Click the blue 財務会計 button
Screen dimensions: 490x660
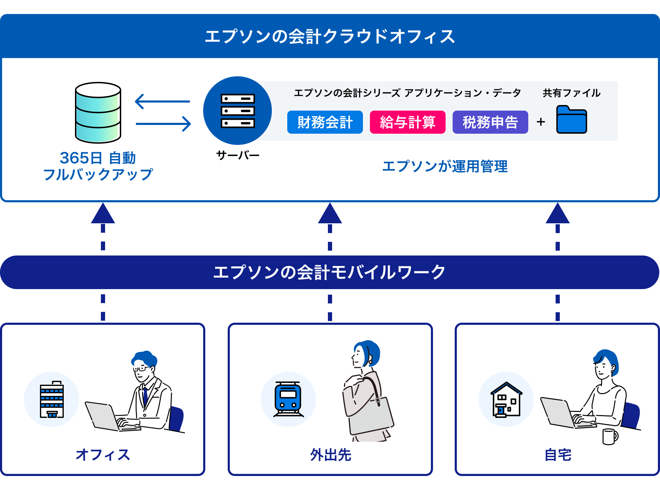[325, 122]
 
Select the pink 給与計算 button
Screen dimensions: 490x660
[407, 122]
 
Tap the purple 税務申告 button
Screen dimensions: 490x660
[490, 122]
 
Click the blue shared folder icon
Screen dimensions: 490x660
[571, 120]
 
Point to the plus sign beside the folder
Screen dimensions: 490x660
[541, 122]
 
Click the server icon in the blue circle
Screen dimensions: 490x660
[238, 111]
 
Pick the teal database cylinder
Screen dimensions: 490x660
[98, 113]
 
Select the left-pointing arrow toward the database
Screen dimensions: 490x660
[162, 101]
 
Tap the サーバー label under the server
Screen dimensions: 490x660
[238, 155]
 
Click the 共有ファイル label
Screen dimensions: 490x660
[571, 93]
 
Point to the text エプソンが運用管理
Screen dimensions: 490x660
[445, 166]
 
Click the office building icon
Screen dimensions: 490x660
[52, 399]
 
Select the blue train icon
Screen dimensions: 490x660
[288, 399]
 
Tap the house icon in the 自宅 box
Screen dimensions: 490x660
[506, 399]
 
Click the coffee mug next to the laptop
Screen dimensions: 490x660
[610, 436]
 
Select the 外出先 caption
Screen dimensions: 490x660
[330, 455]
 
